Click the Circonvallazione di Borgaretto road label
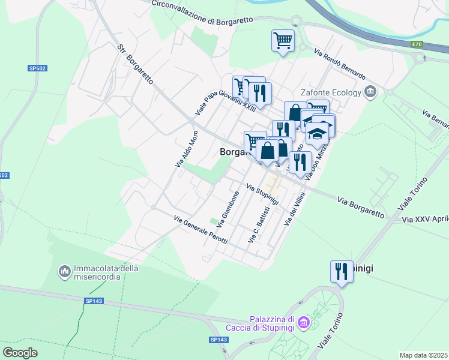point(200,12)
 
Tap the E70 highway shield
point(417,44)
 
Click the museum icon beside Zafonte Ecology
point(370,92)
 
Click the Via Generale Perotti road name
point(200,230)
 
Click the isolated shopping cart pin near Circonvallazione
point(283,41)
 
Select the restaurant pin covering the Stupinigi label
point(342,271)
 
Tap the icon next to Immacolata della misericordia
point(64,272)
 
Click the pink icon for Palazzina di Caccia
point(304,323)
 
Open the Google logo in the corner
point(20,352)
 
